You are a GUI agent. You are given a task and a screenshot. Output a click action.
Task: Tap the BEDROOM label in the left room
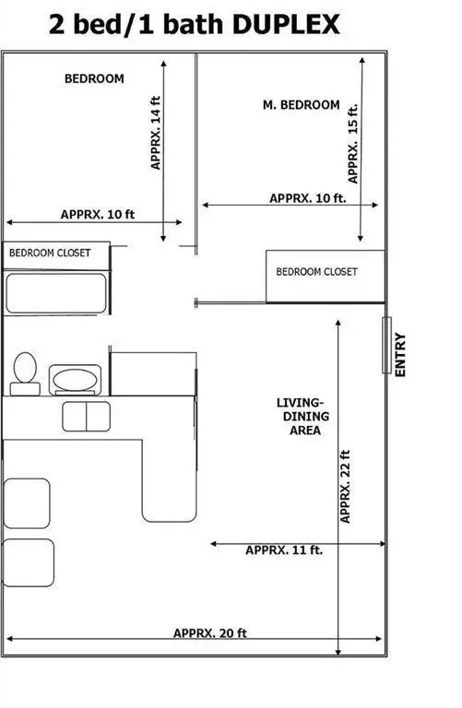click(93, 79)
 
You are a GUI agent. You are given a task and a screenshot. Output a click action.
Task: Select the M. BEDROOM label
click(301, 105)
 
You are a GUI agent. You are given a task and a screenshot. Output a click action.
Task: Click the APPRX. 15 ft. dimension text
click(353, 143)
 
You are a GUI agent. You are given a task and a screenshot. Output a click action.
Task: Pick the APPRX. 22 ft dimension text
click(346, 486)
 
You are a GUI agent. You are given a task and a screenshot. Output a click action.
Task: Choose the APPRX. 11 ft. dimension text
click(283, 550)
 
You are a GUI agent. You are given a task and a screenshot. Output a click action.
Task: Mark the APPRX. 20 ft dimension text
click(209, 633)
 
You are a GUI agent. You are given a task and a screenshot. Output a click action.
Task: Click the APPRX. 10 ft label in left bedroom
click(98, 214)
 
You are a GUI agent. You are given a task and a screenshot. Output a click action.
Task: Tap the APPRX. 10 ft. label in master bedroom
click(307, 198)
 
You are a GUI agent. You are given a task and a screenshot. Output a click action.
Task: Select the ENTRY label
click(400, 354)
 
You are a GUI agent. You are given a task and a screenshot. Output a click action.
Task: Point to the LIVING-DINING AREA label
click(302, 417)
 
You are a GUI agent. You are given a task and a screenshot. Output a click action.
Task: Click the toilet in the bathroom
click(25, 372)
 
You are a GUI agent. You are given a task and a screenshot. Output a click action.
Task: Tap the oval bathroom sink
click(74, 378)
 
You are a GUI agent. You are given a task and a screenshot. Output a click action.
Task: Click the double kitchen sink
click(86, 415)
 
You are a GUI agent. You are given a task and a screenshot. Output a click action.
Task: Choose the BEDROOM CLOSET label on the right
click(316, 272)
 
